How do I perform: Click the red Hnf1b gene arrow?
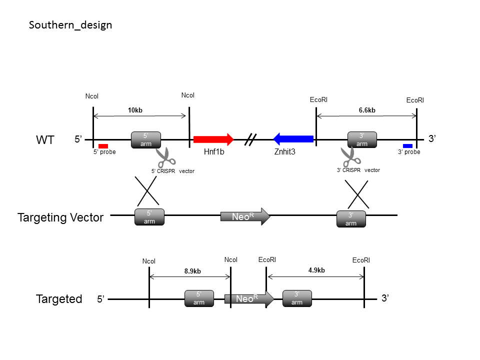[x=213, y=139]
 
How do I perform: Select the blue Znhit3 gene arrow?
[x=293, y=139]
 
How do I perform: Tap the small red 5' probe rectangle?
[x=103, y=146]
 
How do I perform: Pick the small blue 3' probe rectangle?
[x=408, y=146]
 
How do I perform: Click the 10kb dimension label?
[x=135, y=110]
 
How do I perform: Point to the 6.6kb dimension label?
[x=367, y=110]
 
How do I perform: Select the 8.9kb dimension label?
[x=192, y=271]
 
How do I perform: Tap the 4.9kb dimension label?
[x=316, y=270]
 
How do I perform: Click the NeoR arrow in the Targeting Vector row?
[x=245, y=216]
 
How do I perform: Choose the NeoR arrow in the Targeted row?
[x=249, y=299]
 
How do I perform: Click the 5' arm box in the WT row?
[x=146, y=140]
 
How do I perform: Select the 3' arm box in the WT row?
[x=362, y=139]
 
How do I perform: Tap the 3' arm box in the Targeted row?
[x=297, y=298]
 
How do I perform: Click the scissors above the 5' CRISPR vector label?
[x=165, y=157]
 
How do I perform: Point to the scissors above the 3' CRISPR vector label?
[x=350, y=156]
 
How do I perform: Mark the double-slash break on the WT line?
[x=250, y=139]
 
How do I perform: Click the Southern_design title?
[x=70, y=25]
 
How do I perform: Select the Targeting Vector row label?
[x=60, y=217]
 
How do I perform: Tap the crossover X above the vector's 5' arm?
[x=147, y=190]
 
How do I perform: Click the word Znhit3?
[x=284, y=151]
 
